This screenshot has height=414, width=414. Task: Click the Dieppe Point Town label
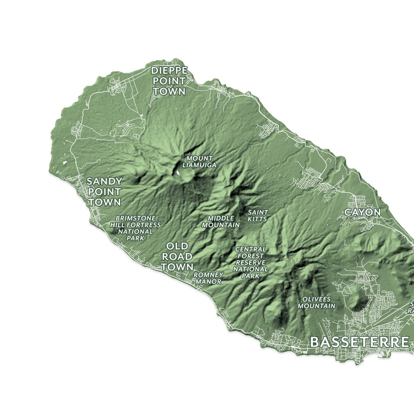[169, 81]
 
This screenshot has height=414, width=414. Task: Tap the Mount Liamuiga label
[199, 161]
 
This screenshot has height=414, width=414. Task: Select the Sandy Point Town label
[104, 192]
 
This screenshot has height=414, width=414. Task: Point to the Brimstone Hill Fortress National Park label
[135, 228]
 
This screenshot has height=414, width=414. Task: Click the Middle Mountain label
[221, 222]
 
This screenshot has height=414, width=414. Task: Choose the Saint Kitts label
[258, 216]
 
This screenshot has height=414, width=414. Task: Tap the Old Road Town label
[177, 256]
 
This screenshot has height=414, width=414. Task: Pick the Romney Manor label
[208, 279]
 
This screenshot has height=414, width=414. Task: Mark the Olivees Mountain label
[316, 303]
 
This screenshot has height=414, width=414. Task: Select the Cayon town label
[363, 212]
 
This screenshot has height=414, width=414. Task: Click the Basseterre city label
[359, 342]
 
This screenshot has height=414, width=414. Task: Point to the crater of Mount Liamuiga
[178, 172]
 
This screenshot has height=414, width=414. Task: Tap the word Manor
[208, 282]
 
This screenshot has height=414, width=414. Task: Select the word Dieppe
[169, 70]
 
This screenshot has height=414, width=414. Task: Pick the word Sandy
[104, 181]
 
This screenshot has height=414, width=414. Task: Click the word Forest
[251, 255]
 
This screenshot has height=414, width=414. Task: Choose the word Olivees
[316, 299]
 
